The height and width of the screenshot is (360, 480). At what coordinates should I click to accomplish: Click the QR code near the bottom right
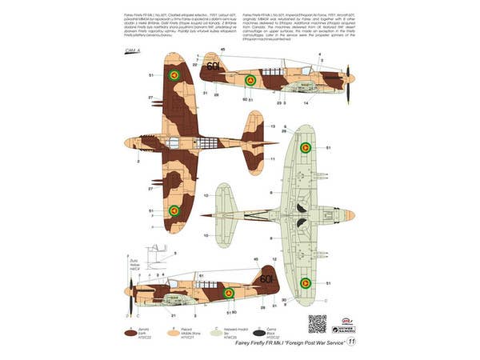(318, 322)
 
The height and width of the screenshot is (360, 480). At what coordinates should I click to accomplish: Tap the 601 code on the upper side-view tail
(213, 66)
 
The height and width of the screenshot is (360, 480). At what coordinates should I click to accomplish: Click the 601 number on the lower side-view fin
(265, 281)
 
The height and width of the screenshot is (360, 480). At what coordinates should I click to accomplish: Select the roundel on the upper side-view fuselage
(250, 80)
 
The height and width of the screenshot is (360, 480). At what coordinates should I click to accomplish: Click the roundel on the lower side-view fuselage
(228, 293)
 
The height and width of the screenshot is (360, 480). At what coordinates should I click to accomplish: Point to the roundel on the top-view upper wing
(174, 74)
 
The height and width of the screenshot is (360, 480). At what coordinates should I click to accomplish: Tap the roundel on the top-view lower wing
(174, 210)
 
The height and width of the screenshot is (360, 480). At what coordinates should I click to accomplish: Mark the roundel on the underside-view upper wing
(306, 148)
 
